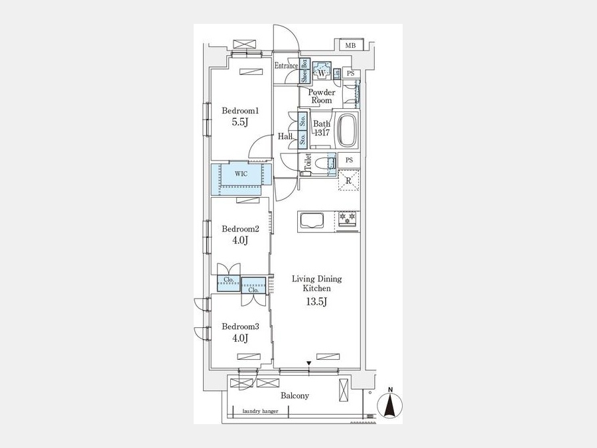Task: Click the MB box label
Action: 350,46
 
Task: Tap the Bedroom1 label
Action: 240,111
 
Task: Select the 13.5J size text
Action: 317,302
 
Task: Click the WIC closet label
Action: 241,174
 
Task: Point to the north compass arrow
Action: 390,405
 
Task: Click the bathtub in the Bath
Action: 348,130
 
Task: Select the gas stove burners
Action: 347,218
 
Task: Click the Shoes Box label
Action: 304,70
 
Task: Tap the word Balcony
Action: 295,396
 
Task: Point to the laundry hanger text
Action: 261,411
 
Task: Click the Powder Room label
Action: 322,96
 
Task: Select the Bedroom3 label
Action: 240,327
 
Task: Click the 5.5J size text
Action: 239,122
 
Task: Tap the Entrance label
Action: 287,66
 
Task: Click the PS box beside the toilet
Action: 349,160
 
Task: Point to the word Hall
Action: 285,136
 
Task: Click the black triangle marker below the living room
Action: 308,363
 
